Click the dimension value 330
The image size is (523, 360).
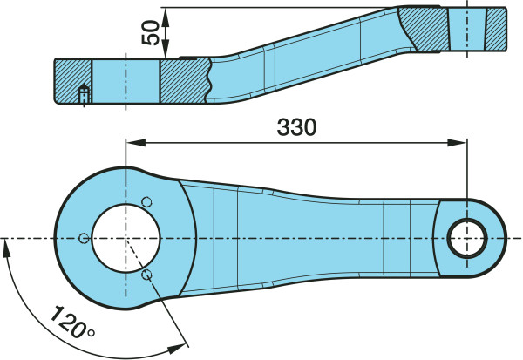[x=296, y=127]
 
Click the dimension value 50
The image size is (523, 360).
[x=151, y=32]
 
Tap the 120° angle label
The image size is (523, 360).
[x=72, y=322]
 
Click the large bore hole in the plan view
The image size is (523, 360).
[x=126, y=238]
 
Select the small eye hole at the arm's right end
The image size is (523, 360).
[x=467, y=238]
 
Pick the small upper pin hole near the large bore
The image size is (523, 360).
[x=146, y=202]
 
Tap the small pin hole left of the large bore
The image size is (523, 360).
[x=84, y=238]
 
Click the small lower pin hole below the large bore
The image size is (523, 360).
[x=146, y=275]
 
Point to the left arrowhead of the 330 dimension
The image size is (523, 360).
[x=135, y=142]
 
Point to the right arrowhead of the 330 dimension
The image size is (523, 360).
[x=458, y=142]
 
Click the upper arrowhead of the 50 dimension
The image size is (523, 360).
[x=165, y=17]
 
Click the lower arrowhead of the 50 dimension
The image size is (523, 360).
[x=165, y=49]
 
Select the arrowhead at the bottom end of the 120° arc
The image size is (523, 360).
[x=176, y=349]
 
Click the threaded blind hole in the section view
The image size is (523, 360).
[x=84, y=94]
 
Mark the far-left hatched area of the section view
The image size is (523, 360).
[x=72, y=81]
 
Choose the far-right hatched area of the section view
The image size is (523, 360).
[x=496, y=29]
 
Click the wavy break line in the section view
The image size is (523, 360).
[x=209, y=80]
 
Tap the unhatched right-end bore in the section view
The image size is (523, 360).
[x=467, y=29]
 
